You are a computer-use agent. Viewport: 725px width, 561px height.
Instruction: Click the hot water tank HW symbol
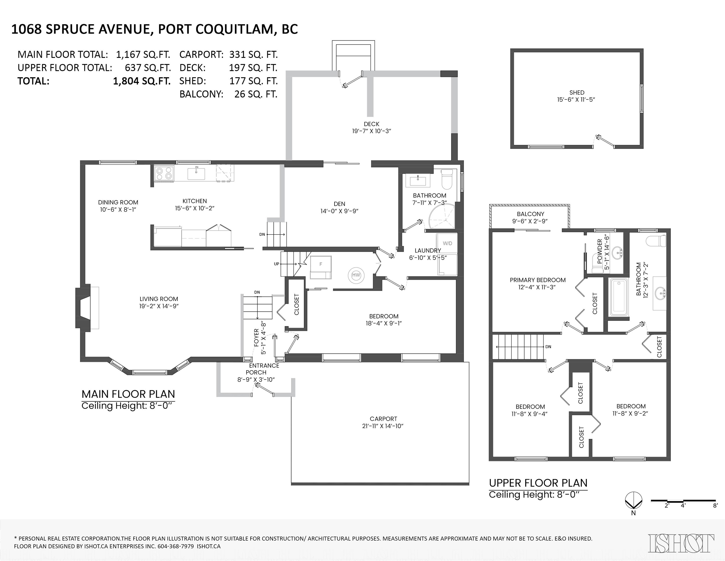pos(356,275)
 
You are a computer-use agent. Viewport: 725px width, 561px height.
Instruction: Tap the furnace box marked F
pos(321,267)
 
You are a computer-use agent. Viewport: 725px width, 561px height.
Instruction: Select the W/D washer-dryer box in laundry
pos(447,243)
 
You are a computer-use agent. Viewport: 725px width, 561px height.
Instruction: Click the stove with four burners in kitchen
pos(164,173)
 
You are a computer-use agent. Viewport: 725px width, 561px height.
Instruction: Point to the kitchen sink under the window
pos(196,173)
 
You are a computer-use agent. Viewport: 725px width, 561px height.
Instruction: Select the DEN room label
pos(339,204)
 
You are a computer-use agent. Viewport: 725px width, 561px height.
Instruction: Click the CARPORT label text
pos(383,419)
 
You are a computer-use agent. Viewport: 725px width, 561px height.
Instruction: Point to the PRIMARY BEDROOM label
pos(538,280)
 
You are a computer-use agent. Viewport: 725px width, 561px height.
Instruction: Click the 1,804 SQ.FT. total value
pos(142,81)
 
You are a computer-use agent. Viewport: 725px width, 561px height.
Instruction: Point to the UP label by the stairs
pos(277,264)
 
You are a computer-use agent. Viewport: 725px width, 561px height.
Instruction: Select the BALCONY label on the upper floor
pos(530,214)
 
